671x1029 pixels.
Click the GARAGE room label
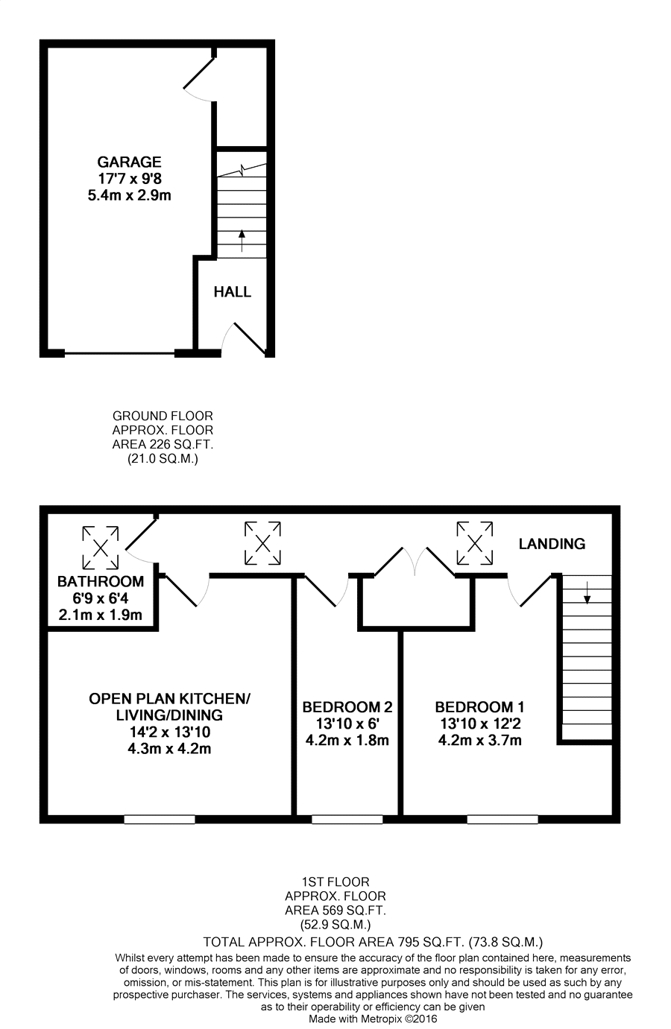[129, 162]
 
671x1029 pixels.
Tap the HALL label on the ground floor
[232, 291]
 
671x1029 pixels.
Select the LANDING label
[552, 544]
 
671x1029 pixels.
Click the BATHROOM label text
[101, 582]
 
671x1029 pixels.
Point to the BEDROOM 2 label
[347, 707]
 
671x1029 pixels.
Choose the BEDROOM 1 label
[480, 707]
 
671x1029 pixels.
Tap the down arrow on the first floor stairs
[587, 592]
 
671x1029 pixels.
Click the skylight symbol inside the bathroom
[101, 548]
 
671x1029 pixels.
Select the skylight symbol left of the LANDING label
[475, 543]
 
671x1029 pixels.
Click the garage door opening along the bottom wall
[119, 354]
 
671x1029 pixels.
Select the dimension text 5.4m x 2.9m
[129, 195]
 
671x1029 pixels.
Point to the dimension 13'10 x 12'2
[480, 724]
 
